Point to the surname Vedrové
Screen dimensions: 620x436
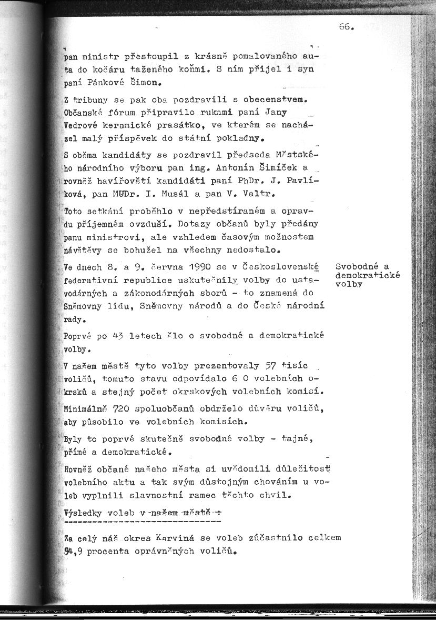(79, 126)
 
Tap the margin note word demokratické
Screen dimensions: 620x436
(368, 275)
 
